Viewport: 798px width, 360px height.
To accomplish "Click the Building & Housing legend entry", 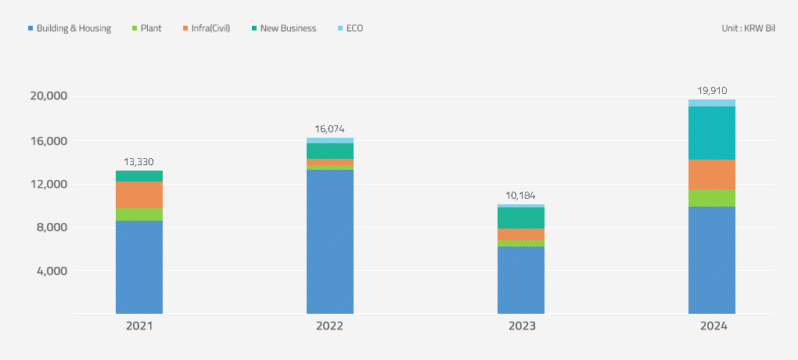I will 70,28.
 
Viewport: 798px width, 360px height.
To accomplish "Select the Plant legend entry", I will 147,28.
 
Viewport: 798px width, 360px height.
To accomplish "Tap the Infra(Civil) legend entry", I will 206,28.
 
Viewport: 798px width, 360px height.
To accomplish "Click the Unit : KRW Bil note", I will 748,28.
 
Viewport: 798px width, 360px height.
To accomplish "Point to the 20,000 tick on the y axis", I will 49,96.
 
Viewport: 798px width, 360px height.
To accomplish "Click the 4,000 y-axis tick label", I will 52,271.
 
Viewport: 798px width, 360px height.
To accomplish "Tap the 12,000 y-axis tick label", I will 49,184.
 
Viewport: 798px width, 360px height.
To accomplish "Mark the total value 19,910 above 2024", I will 712,90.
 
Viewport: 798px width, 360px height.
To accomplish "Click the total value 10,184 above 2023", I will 521,196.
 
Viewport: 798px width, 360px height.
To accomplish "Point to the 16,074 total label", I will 330,129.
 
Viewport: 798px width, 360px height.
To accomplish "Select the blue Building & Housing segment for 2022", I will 330,242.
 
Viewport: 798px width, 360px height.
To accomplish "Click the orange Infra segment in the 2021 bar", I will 139,194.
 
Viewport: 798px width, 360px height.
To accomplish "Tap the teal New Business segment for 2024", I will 712,133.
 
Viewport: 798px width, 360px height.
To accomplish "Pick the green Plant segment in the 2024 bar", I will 712,198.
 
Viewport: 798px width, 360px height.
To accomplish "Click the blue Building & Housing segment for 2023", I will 521,280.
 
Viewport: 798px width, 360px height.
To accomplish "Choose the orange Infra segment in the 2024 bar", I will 712,175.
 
